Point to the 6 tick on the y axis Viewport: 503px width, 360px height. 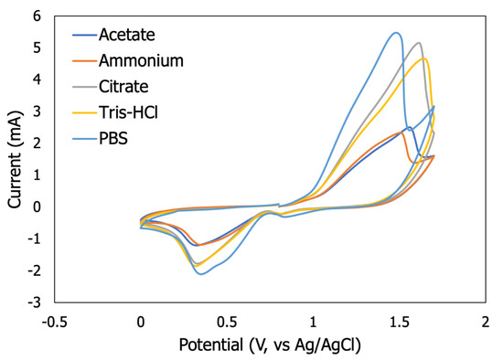tap(37, 16)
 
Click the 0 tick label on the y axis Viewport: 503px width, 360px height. tap(37, 207)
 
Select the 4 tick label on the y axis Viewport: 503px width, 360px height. tap(37, 79)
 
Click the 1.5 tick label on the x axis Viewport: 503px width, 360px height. tap(399, 321)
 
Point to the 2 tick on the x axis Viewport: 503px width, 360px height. tap(486, 321)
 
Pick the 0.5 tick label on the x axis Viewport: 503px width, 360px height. tap(227, 321)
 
